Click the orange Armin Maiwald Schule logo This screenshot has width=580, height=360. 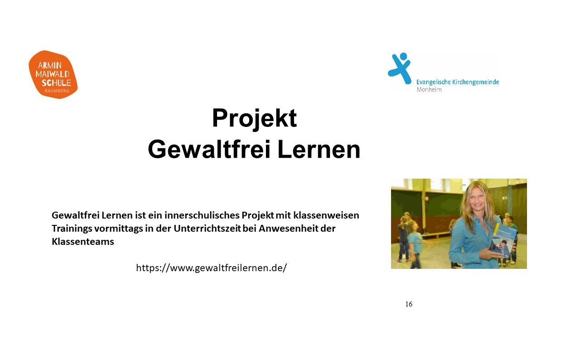coord(53,75)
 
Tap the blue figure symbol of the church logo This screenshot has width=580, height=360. coord(400,68)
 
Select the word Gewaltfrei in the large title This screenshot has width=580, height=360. coord(209,150)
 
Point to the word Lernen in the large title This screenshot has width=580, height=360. coord(319,150)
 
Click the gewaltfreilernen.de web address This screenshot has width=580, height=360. coord(212,268)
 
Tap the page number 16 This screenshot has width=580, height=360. coord(409,304)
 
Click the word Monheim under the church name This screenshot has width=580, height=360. coord(429,90)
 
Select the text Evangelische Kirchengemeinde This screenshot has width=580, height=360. coord(458,82)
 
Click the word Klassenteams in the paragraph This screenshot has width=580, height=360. coord(83,242)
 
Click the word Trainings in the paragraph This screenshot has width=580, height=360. coord(72,229)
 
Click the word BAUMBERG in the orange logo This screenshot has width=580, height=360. coord(57,91)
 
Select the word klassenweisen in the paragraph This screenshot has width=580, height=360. coord(326,215)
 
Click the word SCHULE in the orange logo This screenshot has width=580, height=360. coord(57,83)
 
